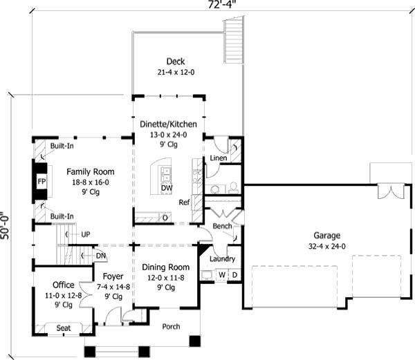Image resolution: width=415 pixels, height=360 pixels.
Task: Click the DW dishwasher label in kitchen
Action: tap(167, 188)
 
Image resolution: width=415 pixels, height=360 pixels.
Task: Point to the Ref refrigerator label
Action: tap(184, 202)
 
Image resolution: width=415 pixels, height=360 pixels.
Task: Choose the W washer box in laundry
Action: tap(223, 275)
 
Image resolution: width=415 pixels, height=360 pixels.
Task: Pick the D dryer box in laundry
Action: tap(234, 275)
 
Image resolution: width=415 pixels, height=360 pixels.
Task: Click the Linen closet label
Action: tap(219, 158)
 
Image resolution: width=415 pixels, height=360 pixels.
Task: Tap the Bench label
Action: tap(222, 226)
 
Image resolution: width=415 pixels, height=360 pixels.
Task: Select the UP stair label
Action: tap(86, 234)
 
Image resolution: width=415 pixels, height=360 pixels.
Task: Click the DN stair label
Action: tap(101, 255)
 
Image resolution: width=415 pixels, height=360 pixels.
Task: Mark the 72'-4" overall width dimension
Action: tap(207, 4)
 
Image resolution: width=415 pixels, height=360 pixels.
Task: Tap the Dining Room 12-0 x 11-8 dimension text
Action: tap(165, 277)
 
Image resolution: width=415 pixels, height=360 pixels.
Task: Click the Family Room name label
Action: tap(91, 171)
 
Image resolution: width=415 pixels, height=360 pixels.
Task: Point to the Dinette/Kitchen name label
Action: tap(169, 124)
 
